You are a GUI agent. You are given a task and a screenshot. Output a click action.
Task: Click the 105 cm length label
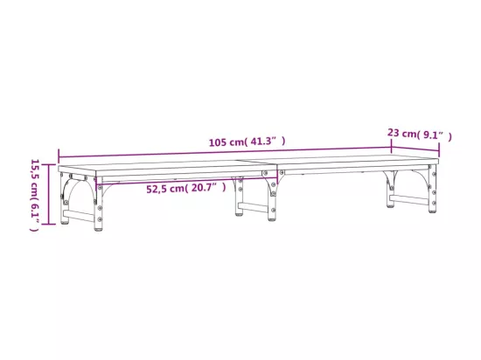point(247,142)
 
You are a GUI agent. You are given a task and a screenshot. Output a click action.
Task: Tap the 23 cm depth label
point(419,134)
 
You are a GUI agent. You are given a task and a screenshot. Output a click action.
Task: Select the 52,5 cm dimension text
point(186,188)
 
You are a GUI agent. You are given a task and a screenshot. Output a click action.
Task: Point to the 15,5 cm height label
point(35,195)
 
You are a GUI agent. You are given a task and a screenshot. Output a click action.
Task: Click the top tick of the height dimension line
point(48,165)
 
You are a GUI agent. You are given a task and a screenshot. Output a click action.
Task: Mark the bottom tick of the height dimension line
point(48,225)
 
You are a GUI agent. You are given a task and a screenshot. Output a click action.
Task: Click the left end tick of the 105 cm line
point(59,156)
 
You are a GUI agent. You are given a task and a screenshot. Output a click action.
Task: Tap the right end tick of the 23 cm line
point(439,149)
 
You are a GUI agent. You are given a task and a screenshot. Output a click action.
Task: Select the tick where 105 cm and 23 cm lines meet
point(392,146)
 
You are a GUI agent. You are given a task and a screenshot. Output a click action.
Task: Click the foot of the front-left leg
point(98,228)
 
